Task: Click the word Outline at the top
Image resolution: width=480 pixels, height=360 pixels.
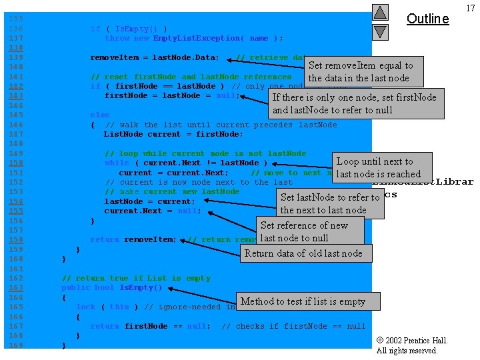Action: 427,19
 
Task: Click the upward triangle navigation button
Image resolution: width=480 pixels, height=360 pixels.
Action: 379,13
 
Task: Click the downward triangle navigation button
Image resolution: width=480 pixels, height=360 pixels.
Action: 379,31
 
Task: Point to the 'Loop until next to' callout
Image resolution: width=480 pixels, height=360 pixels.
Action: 383,167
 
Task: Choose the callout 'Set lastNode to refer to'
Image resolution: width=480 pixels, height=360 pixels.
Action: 329,203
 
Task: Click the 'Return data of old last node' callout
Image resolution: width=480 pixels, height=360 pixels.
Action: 303,253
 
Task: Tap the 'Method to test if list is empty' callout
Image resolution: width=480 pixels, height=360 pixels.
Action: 303,301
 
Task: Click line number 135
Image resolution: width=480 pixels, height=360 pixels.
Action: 15,19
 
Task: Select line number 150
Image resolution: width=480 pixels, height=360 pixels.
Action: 15,163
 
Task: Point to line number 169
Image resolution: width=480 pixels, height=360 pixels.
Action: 15,345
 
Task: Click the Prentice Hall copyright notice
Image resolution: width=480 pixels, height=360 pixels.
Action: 412,345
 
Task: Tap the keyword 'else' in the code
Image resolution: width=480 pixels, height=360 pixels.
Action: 100,115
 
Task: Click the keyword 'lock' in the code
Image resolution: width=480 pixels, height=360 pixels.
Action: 86,307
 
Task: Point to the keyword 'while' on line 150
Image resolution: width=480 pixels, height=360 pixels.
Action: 117,163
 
